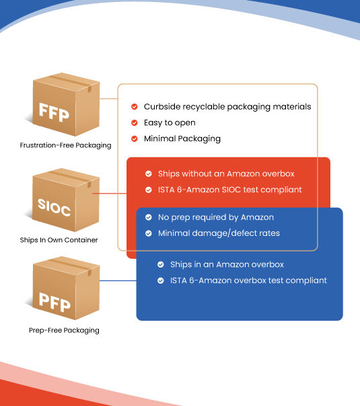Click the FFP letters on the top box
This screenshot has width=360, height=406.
pos(54,112)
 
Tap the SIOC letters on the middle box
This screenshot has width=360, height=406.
pos(55,207)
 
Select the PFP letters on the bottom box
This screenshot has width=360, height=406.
pos(55,302)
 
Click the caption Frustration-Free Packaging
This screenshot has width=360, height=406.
pos(65,145)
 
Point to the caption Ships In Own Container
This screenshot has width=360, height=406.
pos(59,240)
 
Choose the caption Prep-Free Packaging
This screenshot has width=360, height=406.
pos(64,331)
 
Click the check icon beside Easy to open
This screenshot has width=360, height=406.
pos(135,123)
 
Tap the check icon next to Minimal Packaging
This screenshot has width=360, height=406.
pos(135,138)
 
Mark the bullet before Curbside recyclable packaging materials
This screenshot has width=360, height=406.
pos(135,107)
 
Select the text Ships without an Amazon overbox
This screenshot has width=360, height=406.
pos(226,173)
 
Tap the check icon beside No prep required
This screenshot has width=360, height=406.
pos(149,217)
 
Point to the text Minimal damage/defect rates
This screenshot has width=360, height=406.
pos(219,233)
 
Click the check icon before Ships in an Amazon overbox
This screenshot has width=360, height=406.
pos(161,264)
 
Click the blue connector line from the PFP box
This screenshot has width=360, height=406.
pos(118,280)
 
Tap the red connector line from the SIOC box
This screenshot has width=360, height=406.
pos(110,193)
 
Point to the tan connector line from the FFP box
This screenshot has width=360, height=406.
pos(109,99)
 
